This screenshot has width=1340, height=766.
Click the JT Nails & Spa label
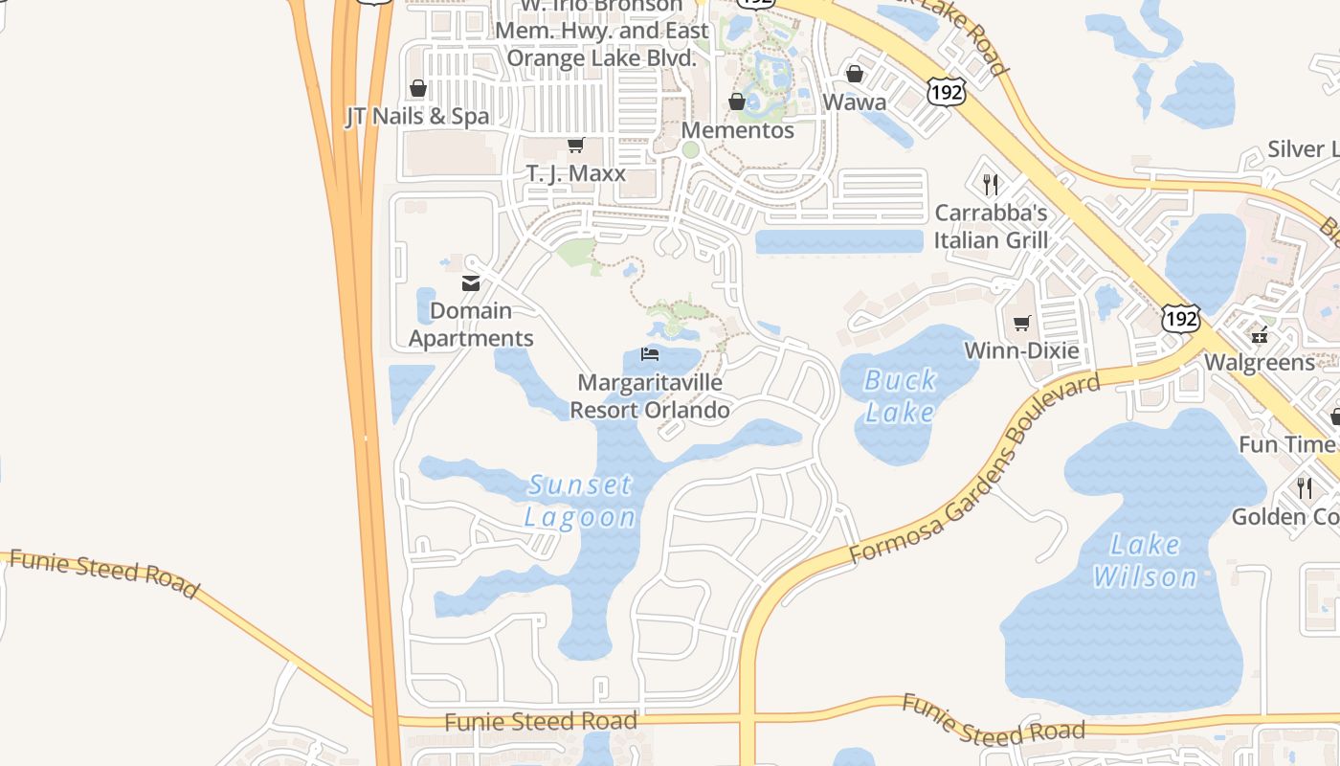pyautogui.click(x=417, y=116)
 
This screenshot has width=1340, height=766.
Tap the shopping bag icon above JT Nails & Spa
pyautogui.click(x=418, y=89)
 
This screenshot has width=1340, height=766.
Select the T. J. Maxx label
pyautogui.click(x=575, y=173)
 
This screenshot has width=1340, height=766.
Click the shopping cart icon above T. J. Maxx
pyautogui.click(x=575, y=146)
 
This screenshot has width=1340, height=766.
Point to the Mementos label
pyautogui.click(x=737, y=130)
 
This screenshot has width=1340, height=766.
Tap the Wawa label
pyautogui.click(x=854, y=101)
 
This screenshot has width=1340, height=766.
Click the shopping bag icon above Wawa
pyautogui.click(x=855, y=75)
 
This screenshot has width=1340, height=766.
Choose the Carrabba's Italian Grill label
pyautogui.click(x=991, y=226)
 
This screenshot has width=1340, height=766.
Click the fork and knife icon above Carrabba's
pyautogui.click(x=991, y=184)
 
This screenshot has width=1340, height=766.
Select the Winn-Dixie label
pyautogui.click(x=1021, y=350)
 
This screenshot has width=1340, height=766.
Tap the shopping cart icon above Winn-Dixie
pyautogui.click(x=1021, y=323)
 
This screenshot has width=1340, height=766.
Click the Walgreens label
pyautogui.click(x=1259, y=362)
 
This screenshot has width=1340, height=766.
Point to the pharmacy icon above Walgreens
pyautogui.click(x=1259, y=335)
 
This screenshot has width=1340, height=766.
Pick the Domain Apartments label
pyautogui.click(x=471, y=325)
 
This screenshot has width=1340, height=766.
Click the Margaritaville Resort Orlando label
pyautogui.click(x=650, y=396)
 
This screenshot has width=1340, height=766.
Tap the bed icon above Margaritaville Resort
pyautogui.click(x=650, y=355)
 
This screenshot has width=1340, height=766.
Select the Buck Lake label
pyautogui.click(x=900, y=395)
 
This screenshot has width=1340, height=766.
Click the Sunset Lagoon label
pyautogui.click(x=580, y=501)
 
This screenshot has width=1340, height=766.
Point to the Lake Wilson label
pyautogui.click(x=1145, y=561)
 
